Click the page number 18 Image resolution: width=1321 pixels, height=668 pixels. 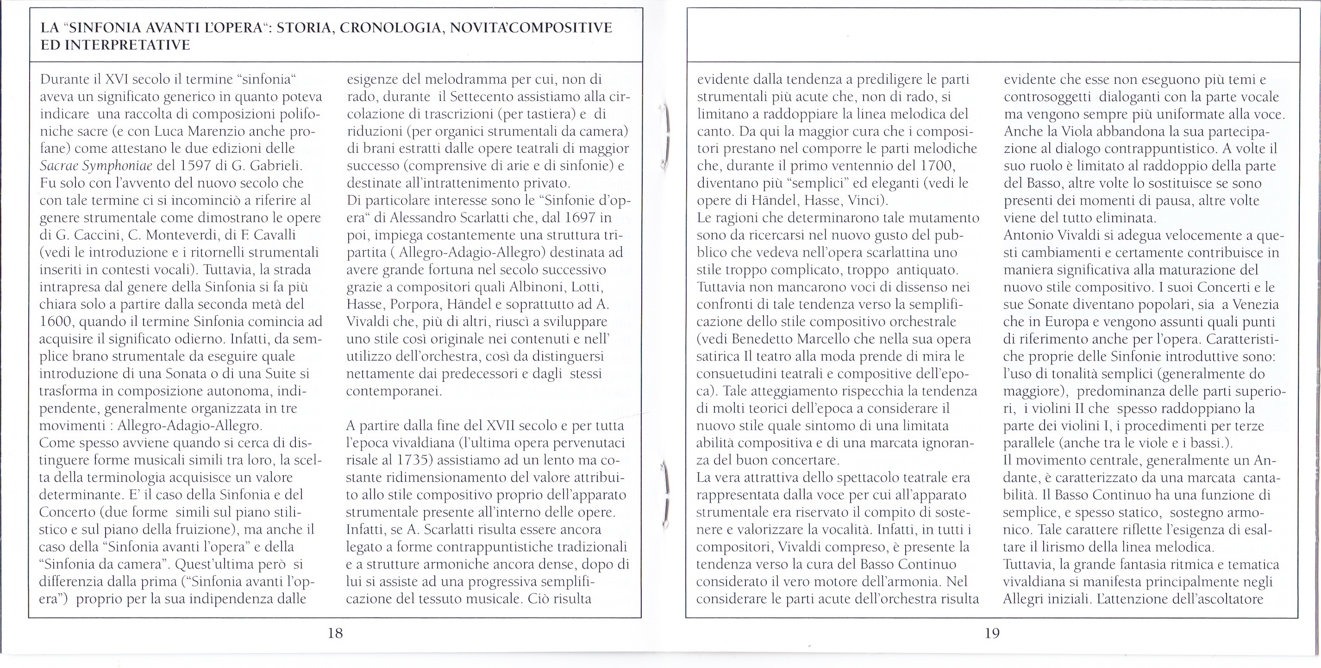335,633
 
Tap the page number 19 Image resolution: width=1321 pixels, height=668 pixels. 992,633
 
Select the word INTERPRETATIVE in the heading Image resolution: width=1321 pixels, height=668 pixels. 132,45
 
